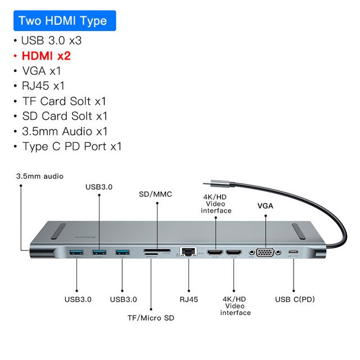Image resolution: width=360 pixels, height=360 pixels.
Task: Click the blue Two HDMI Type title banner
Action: click(62, 21)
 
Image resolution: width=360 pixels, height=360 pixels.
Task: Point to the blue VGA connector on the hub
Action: click(265, 253)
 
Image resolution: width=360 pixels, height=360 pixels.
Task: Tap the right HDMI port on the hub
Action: click(233, 253)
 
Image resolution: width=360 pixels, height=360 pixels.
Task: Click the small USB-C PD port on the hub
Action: click(292, 253)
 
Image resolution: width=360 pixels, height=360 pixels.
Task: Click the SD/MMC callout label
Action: click(155, 194)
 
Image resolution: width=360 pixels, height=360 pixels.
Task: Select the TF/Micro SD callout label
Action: click(151, 318)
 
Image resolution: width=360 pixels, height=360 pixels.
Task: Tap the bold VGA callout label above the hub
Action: click(265, 206)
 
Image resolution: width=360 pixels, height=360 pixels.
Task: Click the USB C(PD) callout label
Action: click(294, 299)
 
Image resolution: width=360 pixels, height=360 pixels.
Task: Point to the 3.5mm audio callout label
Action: click(40, 176)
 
